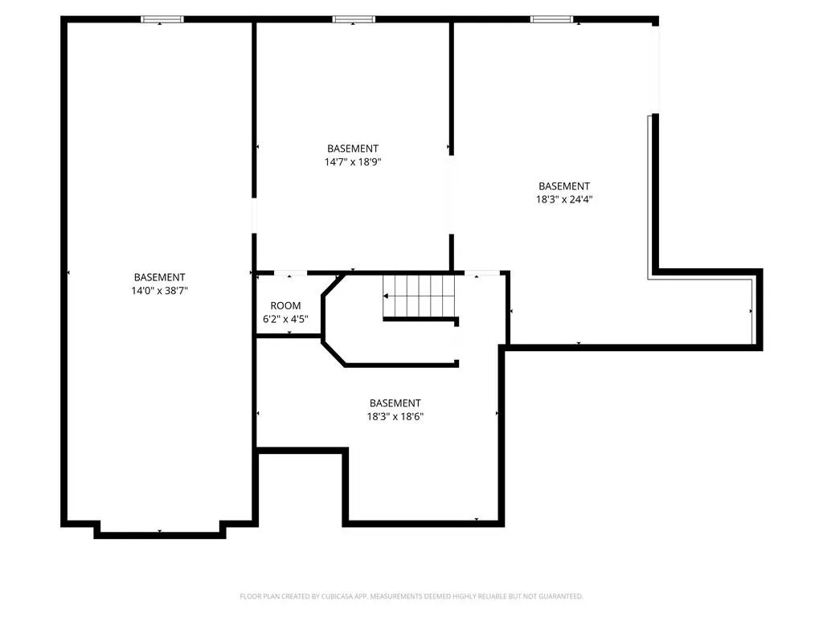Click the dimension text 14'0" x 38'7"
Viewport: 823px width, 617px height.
tap(160, 291)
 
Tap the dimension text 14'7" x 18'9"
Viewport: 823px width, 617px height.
tap(353, 162)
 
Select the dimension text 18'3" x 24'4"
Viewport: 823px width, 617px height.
tap(564, 199)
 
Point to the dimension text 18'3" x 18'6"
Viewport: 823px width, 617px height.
tap(395, 417)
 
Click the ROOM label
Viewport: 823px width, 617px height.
tap(285, 306)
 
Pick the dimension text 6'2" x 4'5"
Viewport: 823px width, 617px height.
tap(285, 319)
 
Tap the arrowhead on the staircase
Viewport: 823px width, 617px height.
tap(386, 296)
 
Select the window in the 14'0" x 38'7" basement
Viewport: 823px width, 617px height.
tap(162, 19)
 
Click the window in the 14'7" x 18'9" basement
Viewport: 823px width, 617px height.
tap(354, 19)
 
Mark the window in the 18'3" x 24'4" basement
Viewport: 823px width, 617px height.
tap(551, 19)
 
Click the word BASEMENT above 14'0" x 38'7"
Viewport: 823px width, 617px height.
tap(160, 277)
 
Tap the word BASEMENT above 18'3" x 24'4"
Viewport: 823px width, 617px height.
tap(564, 186)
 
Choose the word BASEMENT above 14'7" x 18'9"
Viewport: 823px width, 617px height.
tap(353, 149)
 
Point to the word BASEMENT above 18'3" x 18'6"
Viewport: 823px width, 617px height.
tap(395, 403)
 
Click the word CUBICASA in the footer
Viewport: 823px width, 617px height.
tap(338, 596)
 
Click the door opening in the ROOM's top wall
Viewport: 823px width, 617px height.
tap(290, 273)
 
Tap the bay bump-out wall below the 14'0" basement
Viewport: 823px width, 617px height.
tap(160, 531)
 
